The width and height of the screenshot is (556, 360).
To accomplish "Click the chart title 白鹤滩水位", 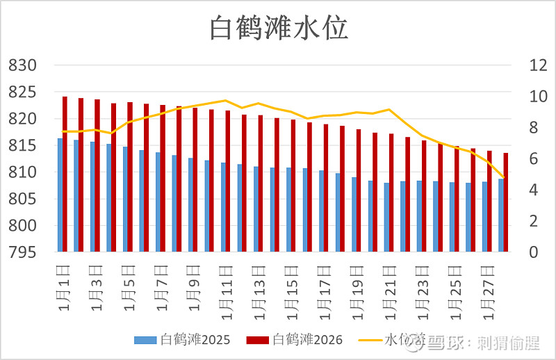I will [x=278, y=29].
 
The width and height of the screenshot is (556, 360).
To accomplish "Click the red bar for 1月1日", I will [x=65, y=174].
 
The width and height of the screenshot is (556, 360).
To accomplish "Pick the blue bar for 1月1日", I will [x=60, y=195].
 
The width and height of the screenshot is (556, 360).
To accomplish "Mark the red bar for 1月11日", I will [x=228, y=181].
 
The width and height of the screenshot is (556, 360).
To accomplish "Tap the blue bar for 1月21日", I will [x=386, y=217].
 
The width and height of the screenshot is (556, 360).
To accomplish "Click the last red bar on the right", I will [x=506, y=202].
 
